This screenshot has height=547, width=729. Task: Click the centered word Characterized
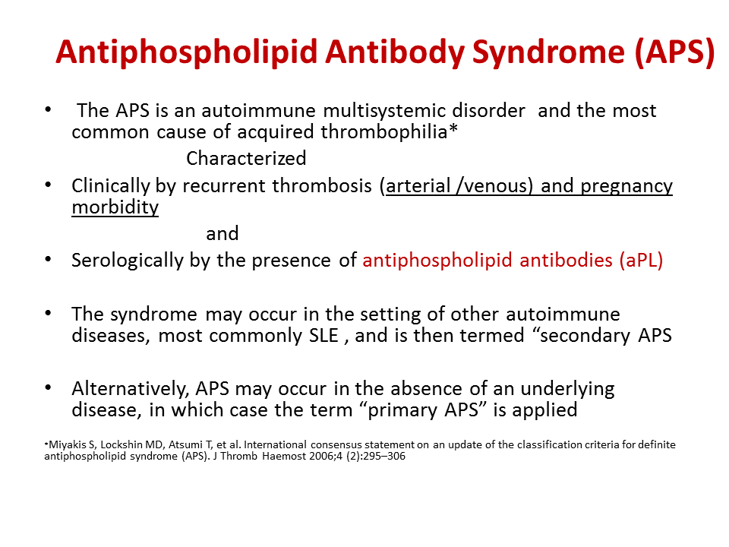[x=246, y=158]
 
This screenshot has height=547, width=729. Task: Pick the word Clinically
[x=111, y=186]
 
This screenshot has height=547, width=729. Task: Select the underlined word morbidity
[x=115, y=207]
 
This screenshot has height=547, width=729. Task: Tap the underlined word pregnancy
[x=626, y=186]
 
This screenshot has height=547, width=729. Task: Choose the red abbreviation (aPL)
[x=637, y=261]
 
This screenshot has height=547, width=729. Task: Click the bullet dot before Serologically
[x=50, y=260]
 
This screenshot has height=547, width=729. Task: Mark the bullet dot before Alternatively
[x=50, y=388]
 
